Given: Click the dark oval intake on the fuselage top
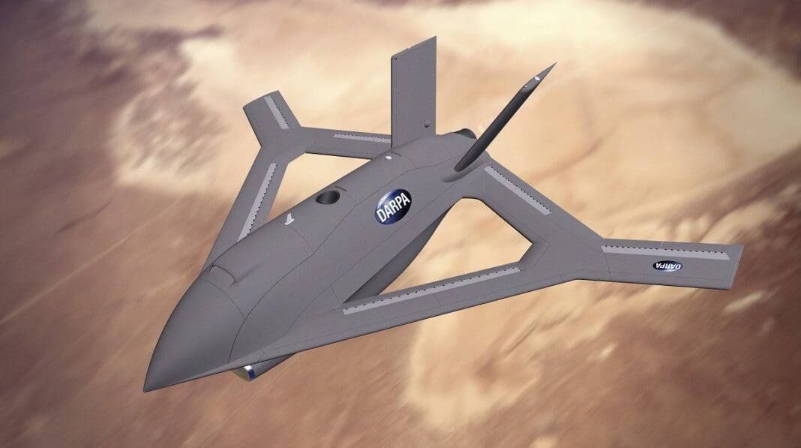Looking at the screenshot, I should pyautogui.click(x=328, y=197).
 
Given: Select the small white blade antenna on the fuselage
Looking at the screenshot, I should pyautogui.click(x=289, y=218).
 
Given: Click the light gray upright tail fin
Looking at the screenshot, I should pyautogui.click(x=413, y=94).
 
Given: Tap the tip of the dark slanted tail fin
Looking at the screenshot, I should pyautogui.click(x=553, y=66).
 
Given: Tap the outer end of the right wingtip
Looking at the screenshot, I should pyautogui.click(x=739, y=259).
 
